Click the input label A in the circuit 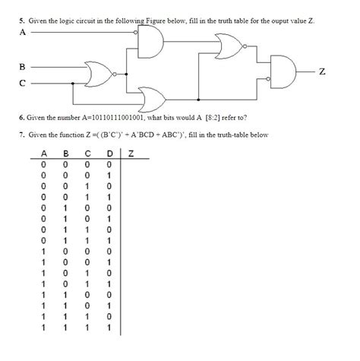23,33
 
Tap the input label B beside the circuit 23,67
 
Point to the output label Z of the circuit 323,72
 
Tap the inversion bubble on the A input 137,34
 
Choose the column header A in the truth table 43,154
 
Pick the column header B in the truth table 65,154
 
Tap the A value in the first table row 43,163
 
